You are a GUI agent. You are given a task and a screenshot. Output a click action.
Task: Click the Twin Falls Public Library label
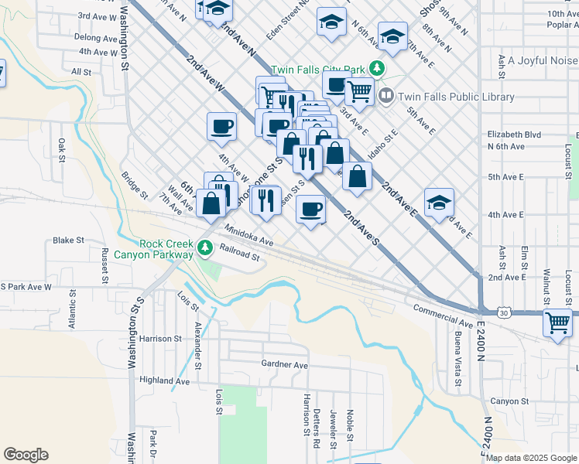(x=455, y=97)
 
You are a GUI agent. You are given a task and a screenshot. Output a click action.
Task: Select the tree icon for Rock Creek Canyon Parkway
(x=205, y=248)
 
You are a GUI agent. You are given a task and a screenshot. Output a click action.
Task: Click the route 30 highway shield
(x=503, y=312)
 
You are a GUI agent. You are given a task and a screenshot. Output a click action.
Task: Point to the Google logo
(x=26, y=455)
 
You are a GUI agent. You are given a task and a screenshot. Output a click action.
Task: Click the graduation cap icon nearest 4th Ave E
(x=439, y=203)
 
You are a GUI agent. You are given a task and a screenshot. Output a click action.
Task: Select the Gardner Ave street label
(x=284, y=364)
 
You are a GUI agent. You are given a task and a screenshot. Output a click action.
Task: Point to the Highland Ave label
(x=164, y=380)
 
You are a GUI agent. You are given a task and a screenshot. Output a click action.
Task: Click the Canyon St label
(x=509, y=401)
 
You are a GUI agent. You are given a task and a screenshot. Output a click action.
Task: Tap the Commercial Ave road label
(x=443, y=316)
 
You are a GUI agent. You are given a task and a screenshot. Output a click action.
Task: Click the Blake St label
(x=62, y=241)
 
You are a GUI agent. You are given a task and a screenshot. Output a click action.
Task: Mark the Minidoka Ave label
(x=249, y=236)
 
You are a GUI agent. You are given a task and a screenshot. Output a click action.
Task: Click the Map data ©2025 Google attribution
(x=531, y=458)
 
